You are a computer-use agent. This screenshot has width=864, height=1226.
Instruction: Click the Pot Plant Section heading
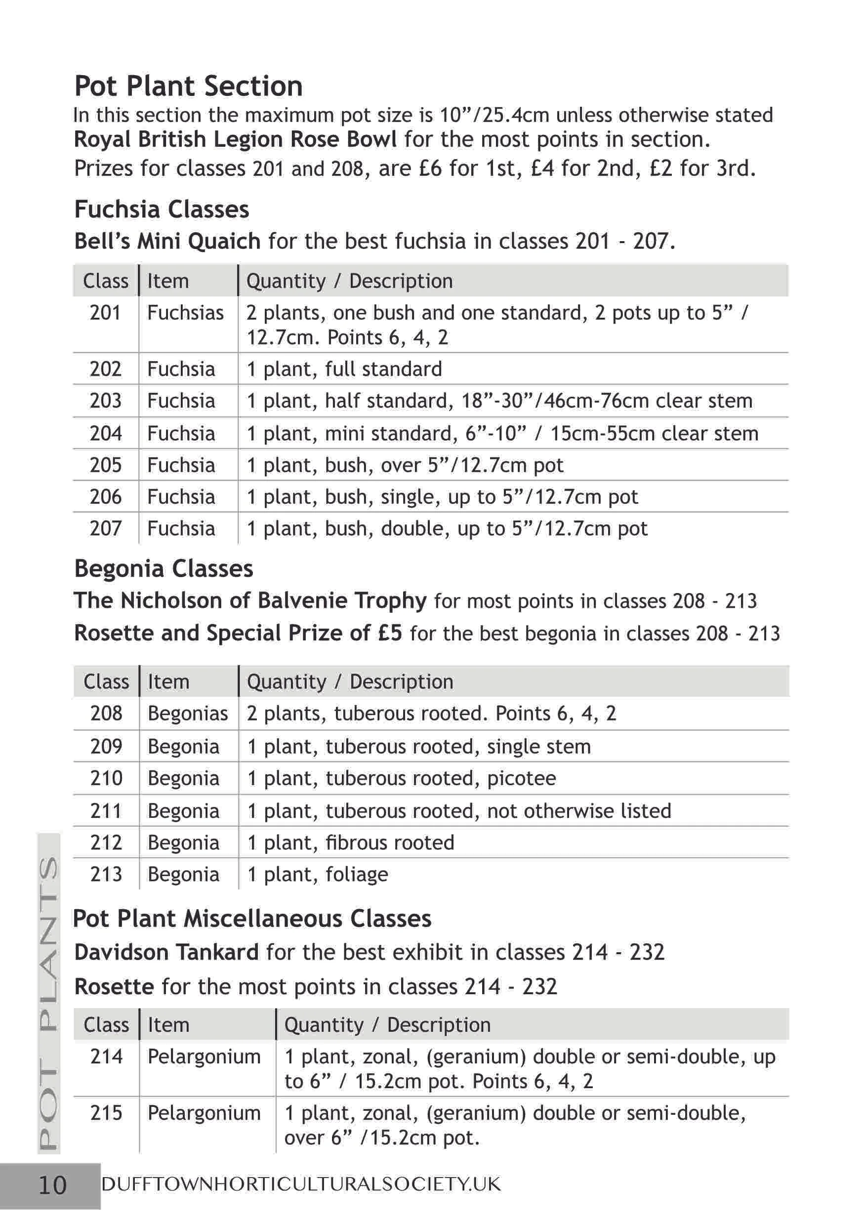coord(188,86)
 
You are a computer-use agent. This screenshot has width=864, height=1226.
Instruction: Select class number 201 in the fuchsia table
coord(106,313)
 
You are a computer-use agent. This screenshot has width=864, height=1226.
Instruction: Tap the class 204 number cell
coord(106,433)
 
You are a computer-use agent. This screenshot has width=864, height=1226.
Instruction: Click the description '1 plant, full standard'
coord(344,369)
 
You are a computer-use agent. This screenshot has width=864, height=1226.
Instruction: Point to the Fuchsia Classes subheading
coord(162,210)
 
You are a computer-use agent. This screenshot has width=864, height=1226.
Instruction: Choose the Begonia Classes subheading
coord(164,569)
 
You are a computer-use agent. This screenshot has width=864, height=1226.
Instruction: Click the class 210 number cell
coord(106,778)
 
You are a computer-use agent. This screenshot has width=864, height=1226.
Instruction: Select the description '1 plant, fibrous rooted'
coord(351,843)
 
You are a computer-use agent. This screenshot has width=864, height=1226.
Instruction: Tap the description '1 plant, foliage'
coord(318,874)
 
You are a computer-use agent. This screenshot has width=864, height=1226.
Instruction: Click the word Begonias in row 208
coord(188,714)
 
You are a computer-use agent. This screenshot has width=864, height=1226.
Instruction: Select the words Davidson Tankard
coord(166,952)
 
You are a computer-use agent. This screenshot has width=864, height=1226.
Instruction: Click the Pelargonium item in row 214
coord(204,1057)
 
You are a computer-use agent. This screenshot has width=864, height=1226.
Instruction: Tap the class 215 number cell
coord(106,1113)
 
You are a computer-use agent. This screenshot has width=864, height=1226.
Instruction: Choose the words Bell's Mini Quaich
coord(167,241)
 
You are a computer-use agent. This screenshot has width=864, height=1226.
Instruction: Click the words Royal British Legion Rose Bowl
coord(235,139)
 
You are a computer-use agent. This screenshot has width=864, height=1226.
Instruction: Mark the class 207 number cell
coord(106,529)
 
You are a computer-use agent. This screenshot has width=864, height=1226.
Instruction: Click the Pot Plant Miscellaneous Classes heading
coord(252,919)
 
